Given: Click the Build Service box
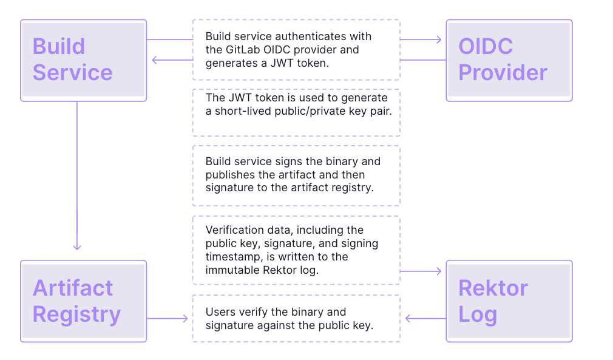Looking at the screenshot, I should [83, 60].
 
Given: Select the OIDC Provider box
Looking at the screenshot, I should [509, 60].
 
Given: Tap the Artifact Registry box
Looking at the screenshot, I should [83, 301].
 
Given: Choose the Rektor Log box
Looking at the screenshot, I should [509, 301].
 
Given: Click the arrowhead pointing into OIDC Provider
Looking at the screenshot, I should [438, 40].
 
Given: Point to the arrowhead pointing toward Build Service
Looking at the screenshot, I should [155, 60].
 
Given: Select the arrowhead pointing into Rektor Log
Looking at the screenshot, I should [438, 271].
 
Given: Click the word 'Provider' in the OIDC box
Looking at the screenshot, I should [503, 73].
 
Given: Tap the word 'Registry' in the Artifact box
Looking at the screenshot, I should [76, 314].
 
